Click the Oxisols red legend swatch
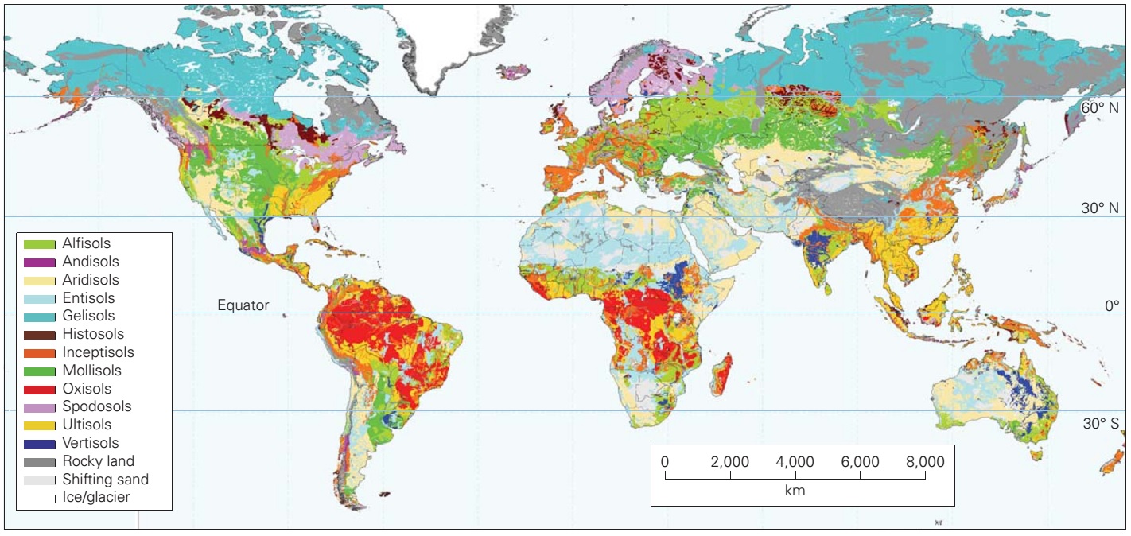pos(39,390)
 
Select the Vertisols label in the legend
pos(91,443)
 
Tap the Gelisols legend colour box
pos(39,317)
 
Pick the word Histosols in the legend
pos(93,334)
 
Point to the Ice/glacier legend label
pos(96,497)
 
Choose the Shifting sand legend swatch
pos(39,480)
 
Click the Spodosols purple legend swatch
pos(39,407)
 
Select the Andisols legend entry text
pos(91,262)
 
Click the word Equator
pos(243,305)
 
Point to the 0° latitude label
pos(1110,305)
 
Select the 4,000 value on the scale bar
pos(795,462)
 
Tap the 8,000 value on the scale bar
pos(924,462)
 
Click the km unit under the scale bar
pos(795,491)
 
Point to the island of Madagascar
pos(724,375)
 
